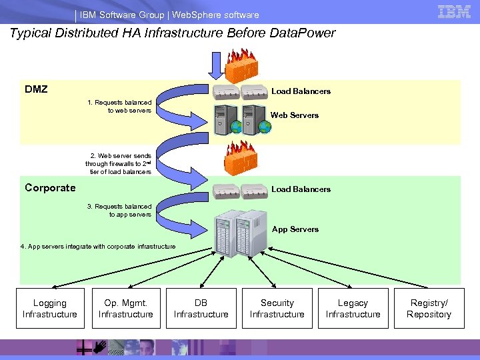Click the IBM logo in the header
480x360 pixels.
click(454, 11)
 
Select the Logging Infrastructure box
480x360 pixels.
click(50, 308)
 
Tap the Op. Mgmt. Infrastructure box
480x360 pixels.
click(126, 308)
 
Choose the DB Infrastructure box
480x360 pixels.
click(201, 308)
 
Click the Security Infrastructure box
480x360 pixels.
click(277, 308)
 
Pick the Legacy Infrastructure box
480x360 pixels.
click(353, 308)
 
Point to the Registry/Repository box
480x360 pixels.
click(429, 308)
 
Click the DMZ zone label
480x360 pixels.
click(36, 89)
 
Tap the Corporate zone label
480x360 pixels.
click(50, 187)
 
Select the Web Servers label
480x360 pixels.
click(295, 115)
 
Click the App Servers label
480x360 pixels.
click(295, 229)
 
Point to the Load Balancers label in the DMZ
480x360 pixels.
click(301, 91)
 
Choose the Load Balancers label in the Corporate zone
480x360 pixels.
click(301, 189)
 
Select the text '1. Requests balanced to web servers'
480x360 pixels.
click(119, 107)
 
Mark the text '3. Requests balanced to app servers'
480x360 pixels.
click(119, 211)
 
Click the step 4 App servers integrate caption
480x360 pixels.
click(98, 247)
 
